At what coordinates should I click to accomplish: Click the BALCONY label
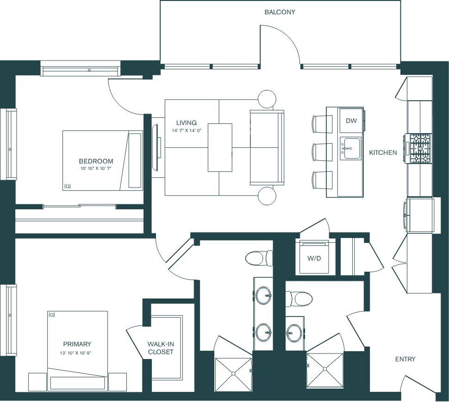click(x=280, y=12)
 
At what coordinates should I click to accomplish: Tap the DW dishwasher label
click(x=351, y=121)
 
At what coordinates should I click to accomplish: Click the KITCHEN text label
click(x=383, y=152)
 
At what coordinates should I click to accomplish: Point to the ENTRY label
click(x=405, y=359)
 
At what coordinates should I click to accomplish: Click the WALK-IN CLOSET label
click(x=161, y=348)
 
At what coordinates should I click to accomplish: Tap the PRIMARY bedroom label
click(x=77, y=344)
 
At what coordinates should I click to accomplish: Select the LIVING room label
click(x=186, y=123)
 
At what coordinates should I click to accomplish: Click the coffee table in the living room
click(x=220, y=147)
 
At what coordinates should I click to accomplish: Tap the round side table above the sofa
click(x=267, y=98)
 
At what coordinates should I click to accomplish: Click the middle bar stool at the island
click(x=323, y=152)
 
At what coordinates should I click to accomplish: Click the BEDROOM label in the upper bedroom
click(x=96, y=161)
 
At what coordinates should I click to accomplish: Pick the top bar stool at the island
click(x=323, y=123)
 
